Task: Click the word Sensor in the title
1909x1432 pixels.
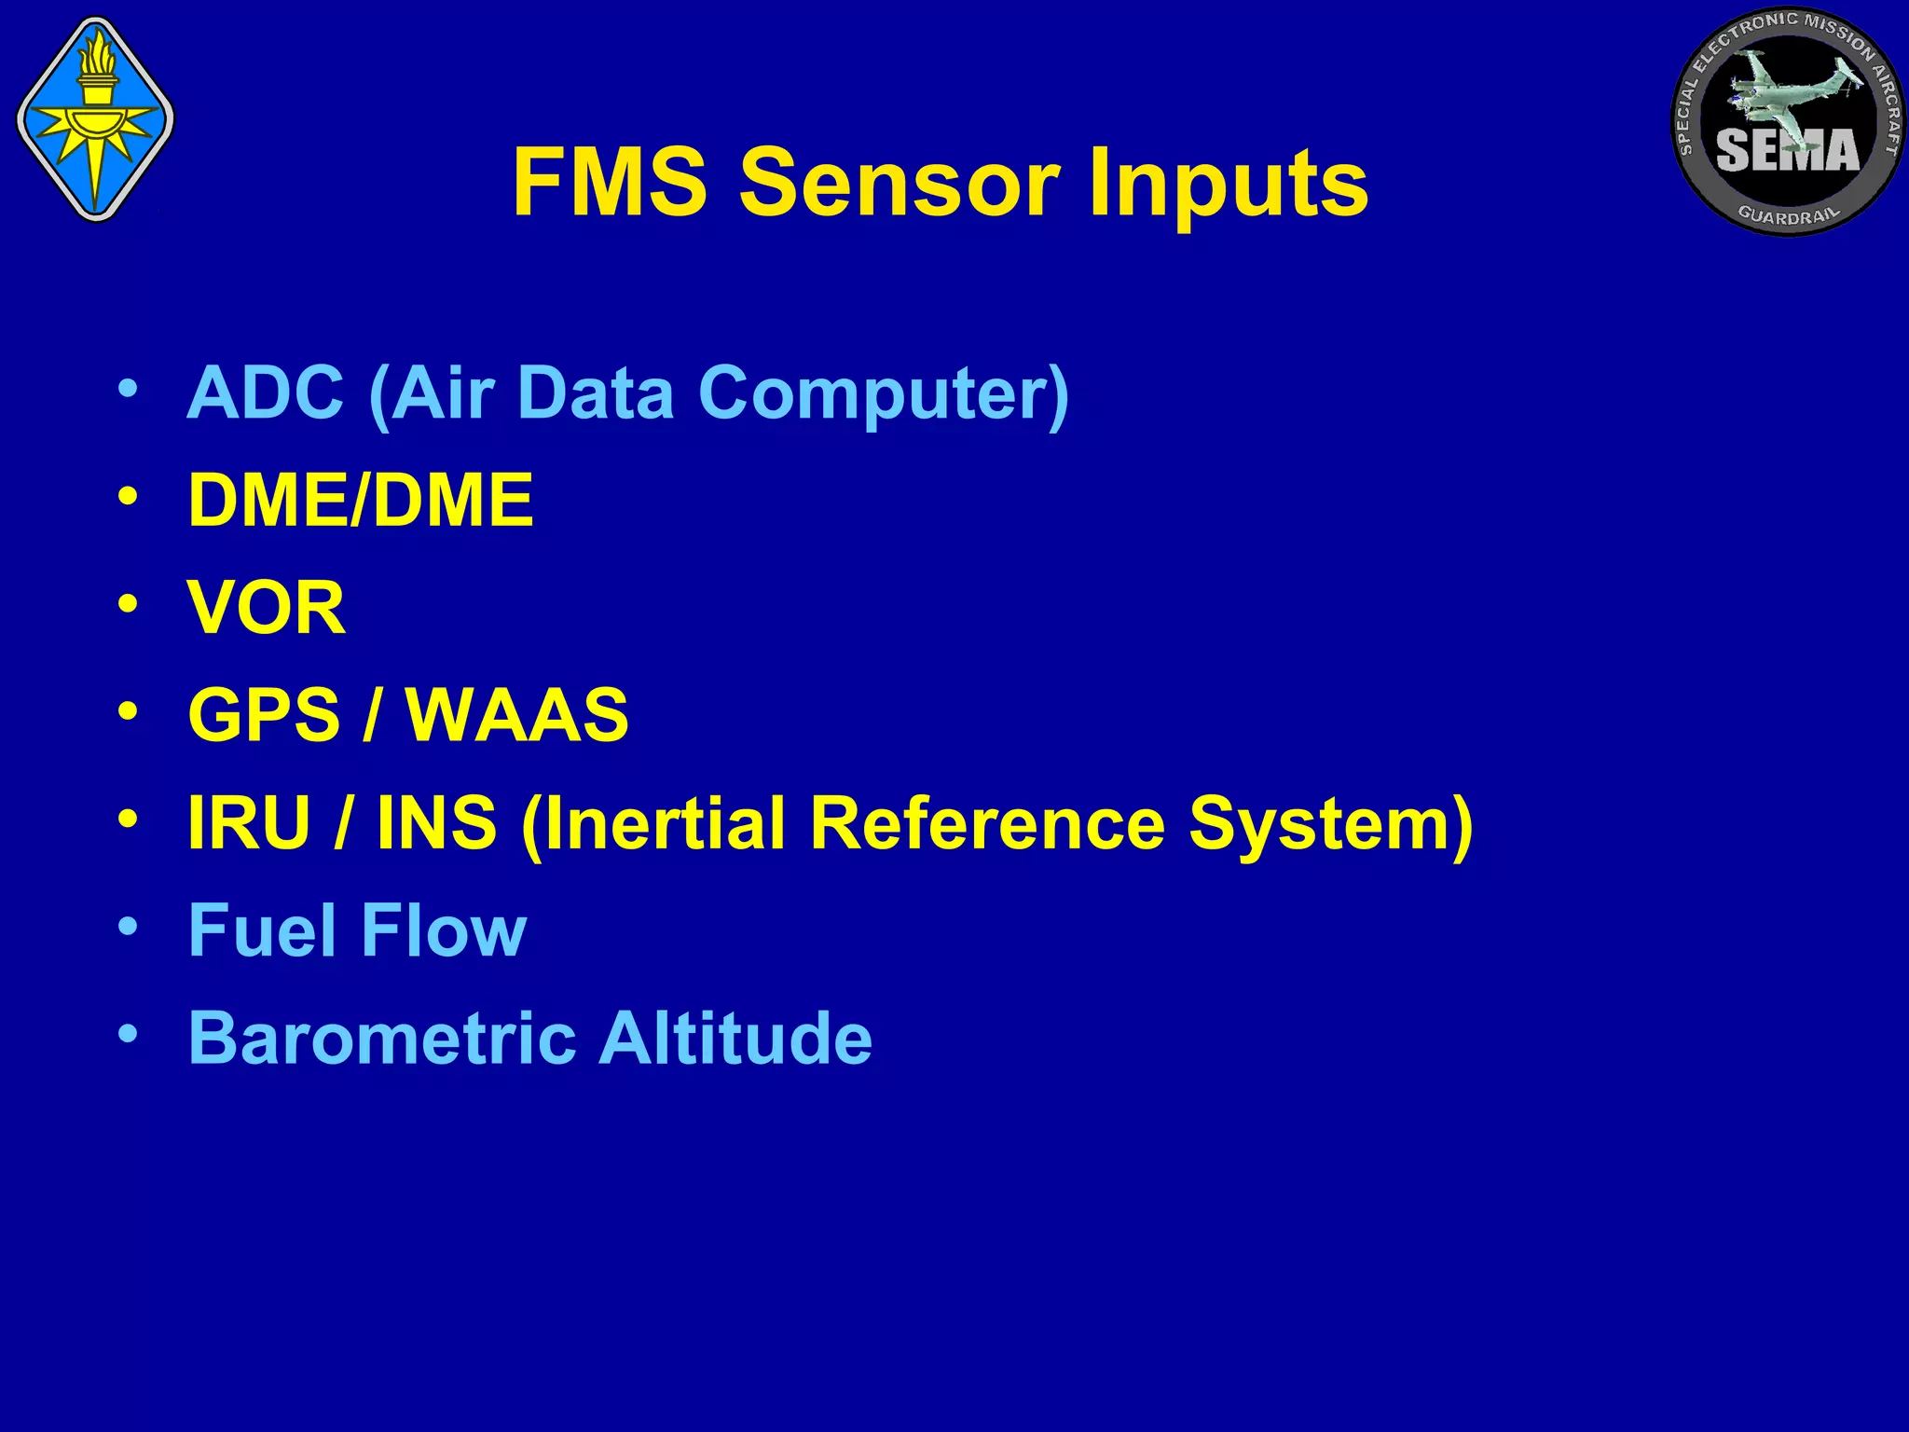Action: click(x=900, y=183)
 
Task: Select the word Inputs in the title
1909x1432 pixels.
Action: click(x=1228, y=183)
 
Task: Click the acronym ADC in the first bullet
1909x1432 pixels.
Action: click(x=266, y=392)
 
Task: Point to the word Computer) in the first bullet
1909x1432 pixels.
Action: click(x=884, y=392)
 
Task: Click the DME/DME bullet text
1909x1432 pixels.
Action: click(x=361, y=501)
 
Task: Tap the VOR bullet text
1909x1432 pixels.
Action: click(x=267, y=608)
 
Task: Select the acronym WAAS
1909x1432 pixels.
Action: click(x=518, y=715)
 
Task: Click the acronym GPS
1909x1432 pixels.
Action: click(x=264, y=715)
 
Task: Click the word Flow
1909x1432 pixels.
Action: click(x=444, y=930)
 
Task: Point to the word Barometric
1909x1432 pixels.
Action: click(x=382, y=1038)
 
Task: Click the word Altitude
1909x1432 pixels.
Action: click(x=735, y=1038)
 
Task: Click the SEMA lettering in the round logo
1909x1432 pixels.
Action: click(x=1787, y=151)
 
